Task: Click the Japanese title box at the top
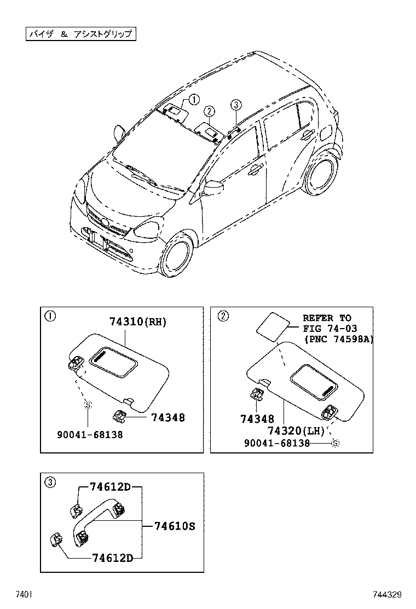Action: [x=80, y=34]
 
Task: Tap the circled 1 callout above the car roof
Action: [x=194, y=99]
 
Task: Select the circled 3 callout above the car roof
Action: [x=235, y=105]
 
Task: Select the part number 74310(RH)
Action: [x=138, y=323]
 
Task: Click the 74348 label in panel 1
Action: [x=167, y=418]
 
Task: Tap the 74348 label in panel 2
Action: [x=257, y=419]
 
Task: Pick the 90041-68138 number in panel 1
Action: [x=90, y=434]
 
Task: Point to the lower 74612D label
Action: [x=112, y=558]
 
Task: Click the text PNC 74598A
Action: [x=338, y=340]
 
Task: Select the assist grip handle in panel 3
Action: [x=99, y=523]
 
